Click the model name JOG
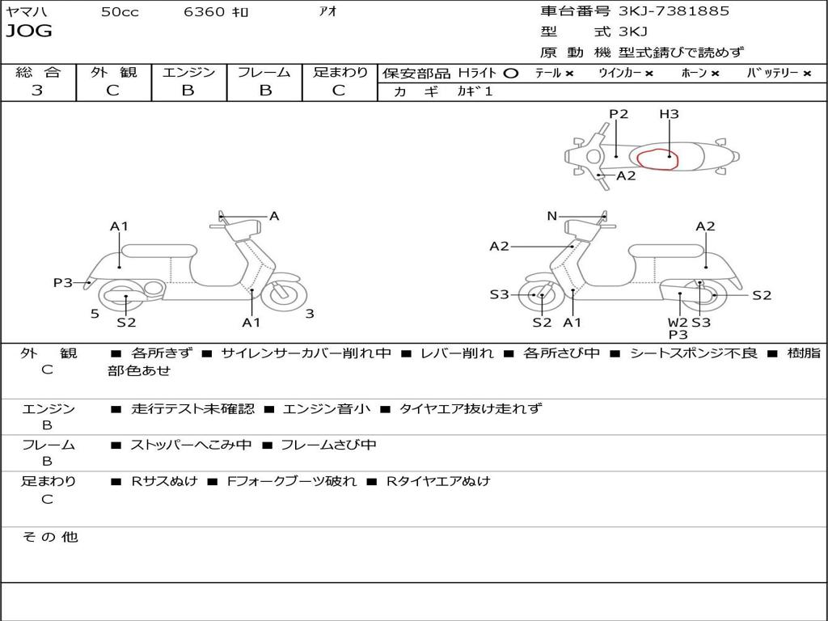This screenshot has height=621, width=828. [28, 32]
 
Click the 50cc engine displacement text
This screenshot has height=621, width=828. [120, 12]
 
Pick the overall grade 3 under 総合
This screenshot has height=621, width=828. [37, 91]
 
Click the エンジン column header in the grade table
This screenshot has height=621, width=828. [188, 72]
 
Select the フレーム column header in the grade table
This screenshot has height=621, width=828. [264, 72]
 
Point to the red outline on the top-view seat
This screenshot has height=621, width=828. [656, 159]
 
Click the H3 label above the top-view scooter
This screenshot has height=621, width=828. [669, 114]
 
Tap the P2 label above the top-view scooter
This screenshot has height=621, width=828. [619, 114]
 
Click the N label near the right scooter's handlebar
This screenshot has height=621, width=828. [552, 216]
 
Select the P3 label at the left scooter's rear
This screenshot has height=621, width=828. [63, 282]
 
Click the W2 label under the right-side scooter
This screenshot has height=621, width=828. [678, 322]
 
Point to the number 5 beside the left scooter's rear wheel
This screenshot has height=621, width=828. [95, 314]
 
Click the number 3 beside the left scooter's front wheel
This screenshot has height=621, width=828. [310, 314]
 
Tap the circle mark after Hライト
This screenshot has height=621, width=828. [510, 73]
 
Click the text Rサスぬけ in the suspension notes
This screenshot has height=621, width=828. [164, 481]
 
